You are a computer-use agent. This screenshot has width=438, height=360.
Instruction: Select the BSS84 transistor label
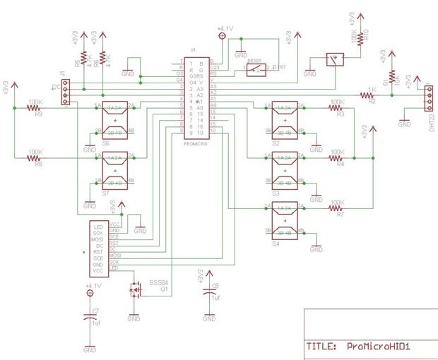click(158, 282)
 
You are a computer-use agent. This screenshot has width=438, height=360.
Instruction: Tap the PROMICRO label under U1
click(192, 143)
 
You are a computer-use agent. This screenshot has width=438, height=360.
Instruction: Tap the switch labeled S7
click(114, 170)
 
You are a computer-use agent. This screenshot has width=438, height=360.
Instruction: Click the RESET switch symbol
click(255, 70)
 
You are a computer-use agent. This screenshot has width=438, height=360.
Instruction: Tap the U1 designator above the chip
click(192, 51)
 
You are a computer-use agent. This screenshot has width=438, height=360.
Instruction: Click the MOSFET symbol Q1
click(134, 289)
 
